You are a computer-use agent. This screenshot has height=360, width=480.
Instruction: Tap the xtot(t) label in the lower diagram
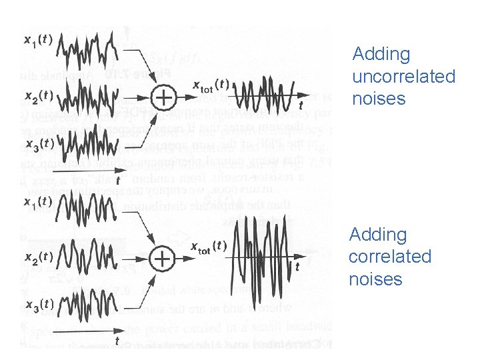point(209,245)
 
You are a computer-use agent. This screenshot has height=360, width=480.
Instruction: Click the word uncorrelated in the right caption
point(403,77)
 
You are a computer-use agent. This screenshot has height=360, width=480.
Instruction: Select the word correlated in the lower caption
point(390,257)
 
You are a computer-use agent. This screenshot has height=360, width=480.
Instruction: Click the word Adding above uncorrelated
point(381,54)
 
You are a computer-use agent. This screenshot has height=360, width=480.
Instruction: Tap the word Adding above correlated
point(378,235)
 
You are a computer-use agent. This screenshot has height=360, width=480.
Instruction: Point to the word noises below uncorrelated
point(379,99)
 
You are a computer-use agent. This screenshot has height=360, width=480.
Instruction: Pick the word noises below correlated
point(375,279)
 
